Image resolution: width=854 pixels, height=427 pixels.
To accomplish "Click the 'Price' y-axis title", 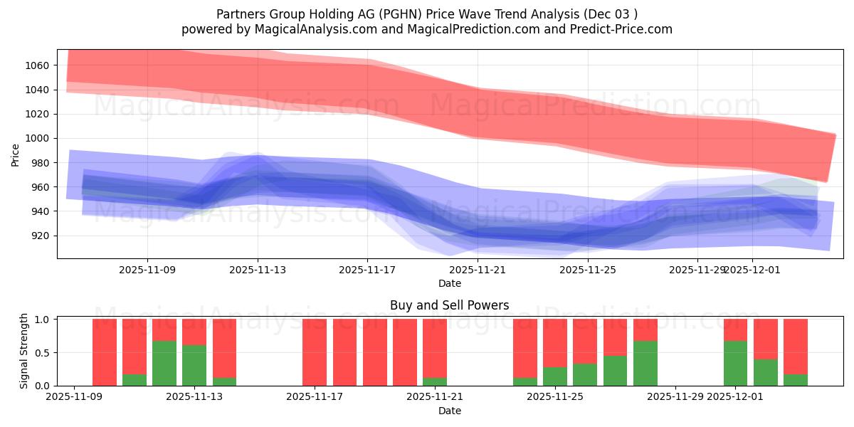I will (x=16, y=154).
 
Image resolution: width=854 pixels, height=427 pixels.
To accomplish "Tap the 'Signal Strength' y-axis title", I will (x=24, y=351).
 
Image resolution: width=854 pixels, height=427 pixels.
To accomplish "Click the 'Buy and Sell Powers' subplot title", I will (x=449, y=305).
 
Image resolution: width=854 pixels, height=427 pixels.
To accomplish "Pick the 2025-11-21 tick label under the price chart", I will (x=478, y=270).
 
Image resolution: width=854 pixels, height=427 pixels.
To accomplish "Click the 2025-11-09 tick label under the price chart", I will (x=147, y=270).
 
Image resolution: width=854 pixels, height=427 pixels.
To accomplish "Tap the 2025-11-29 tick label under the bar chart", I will (x=675, y=397).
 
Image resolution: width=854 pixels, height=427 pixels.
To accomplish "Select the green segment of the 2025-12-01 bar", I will (x=735, y=364).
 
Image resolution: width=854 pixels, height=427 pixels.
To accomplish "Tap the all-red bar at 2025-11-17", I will (x=315, y=352).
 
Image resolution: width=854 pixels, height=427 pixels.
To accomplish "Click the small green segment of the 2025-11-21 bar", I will (x=435, y=381).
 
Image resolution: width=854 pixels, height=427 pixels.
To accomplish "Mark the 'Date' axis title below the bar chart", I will (x=449, y=411).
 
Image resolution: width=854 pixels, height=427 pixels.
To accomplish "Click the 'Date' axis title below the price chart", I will (x=449, y=283).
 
